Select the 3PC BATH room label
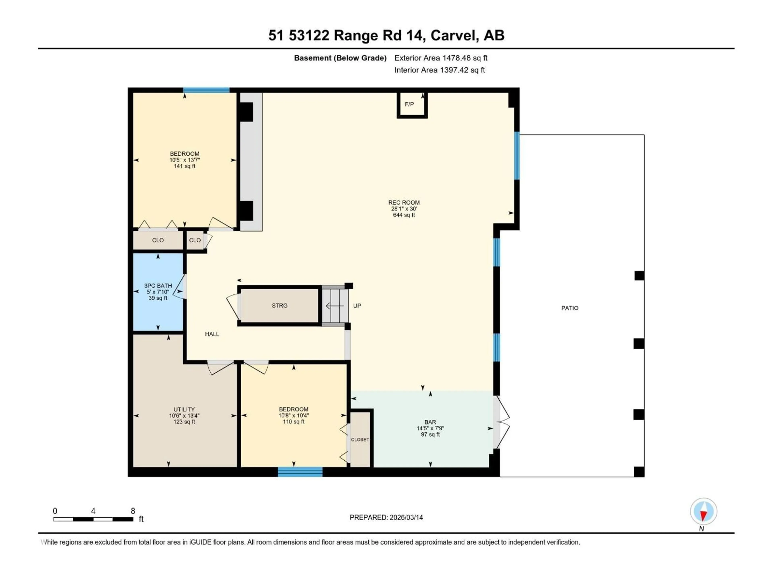point(158,286)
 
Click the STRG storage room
point(280,306)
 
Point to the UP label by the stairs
point(357,306)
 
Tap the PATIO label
point(570,308)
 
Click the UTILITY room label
point(184,409)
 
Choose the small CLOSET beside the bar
point(360,439)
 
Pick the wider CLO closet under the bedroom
point(158,240)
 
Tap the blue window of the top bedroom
point(206,90)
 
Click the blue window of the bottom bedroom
point(300,472)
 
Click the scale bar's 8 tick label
point(133,511)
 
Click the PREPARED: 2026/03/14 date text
point(386,517)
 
